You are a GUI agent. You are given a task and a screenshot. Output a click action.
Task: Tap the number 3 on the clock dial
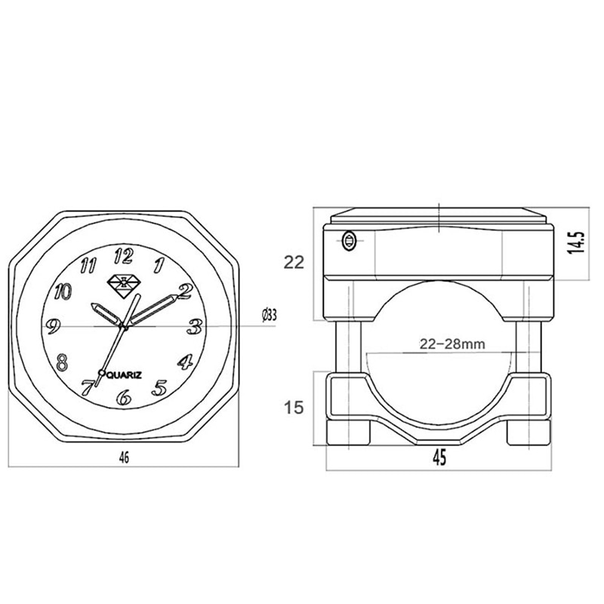point(194,326)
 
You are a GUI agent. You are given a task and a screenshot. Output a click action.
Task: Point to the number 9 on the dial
point(54,326)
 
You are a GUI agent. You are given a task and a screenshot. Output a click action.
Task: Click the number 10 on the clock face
point(63,291)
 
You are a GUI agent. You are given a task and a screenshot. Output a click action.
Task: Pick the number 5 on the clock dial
point(159,388)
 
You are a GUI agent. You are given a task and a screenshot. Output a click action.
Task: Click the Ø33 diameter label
point(267,315)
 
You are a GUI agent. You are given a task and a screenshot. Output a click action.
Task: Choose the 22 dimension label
point(294,262)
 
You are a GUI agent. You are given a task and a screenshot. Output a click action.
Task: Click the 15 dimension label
point(294,408)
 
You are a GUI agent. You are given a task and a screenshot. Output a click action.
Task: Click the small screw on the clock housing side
point(348,241)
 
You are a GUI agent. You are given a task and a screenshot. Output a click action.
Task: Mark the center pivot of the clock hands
point(125,325)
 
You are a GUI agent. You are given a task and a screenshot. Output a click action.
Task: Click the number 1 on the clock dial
point(159,264)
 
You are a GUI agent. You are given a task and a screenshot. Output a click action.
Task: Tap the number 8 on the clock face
point(63,360)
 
